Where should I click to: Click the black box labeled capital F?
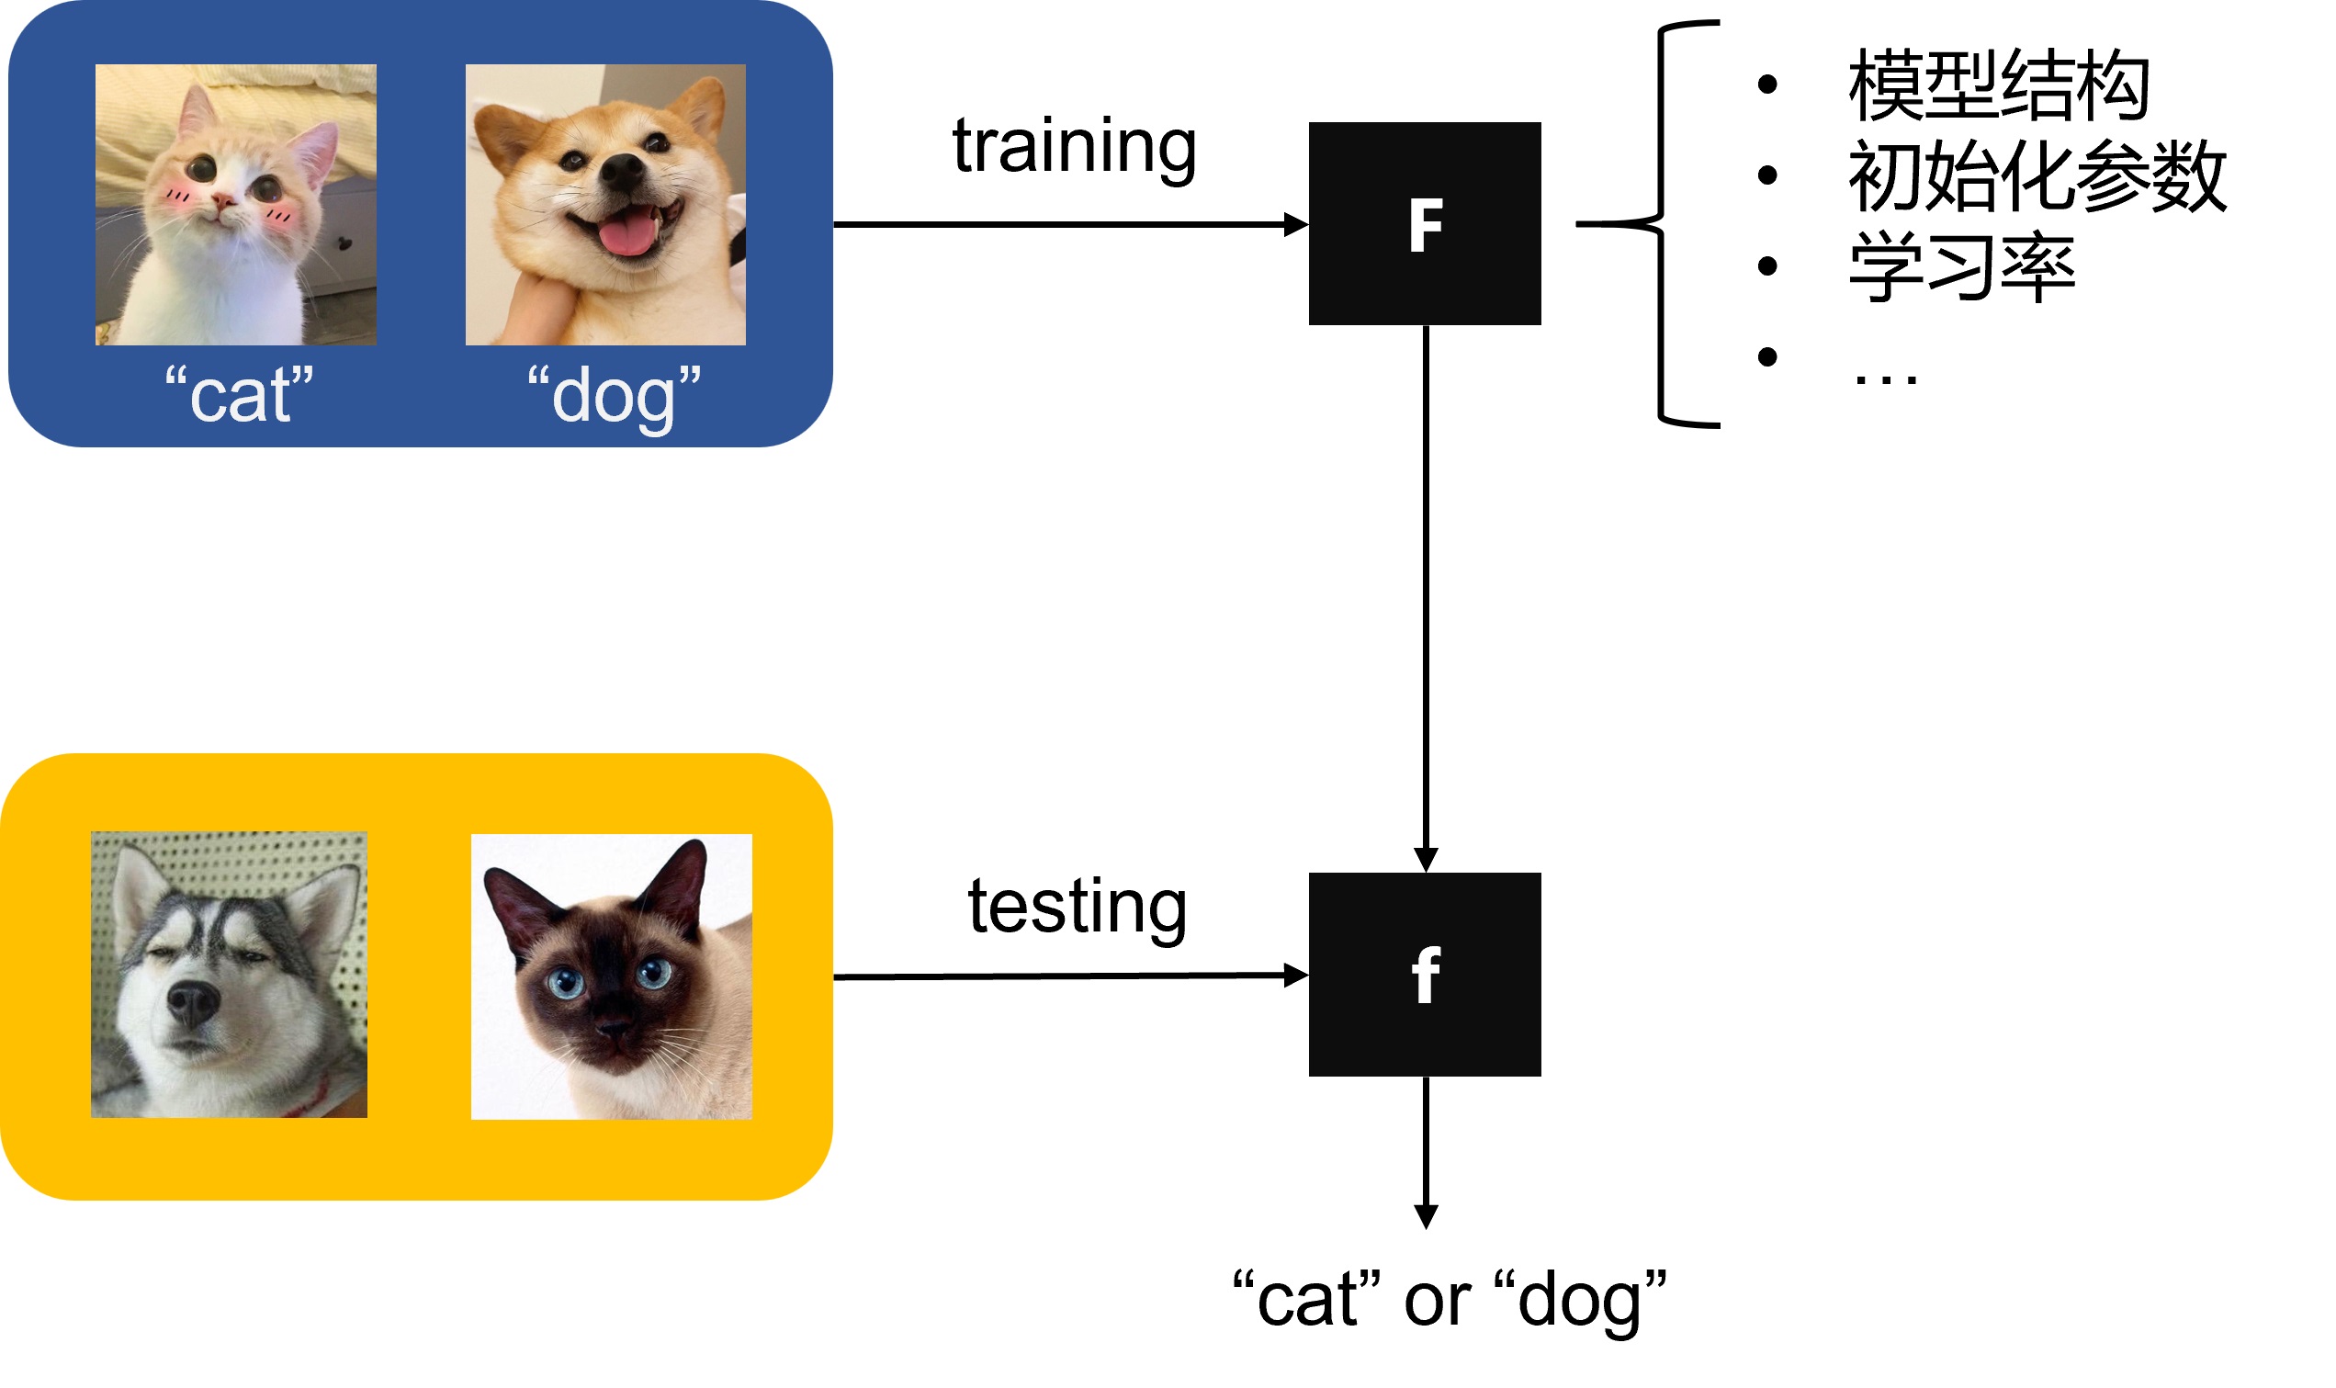point(1423,223)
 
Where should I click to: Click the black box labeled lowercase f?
point(1423,974)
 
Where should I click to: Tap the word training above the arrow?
point(1074,147)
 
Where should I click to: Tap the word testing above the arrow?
point(1077,907)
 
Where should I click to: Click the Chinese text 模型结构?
point(1997,86)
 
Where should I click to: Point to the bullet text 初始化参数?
point(2036,175)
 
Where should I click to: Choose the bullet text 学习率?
point(1961,266)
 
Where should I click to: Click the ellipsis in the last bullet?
point(1884,377)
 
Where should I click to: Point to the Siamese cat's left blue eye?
point(566,983)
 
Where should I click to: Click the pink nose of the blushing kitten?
point(222,199)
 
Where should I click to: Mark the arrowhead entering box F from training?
point(1296,224)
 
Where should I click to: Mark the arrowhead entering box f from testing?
point(1296,976)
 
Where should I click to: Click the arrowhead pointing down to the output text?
point(1424,1217)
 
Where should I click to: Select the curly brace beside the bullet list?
point(1662,223)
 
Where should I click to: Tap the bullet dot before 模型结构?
point(1766,85)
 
